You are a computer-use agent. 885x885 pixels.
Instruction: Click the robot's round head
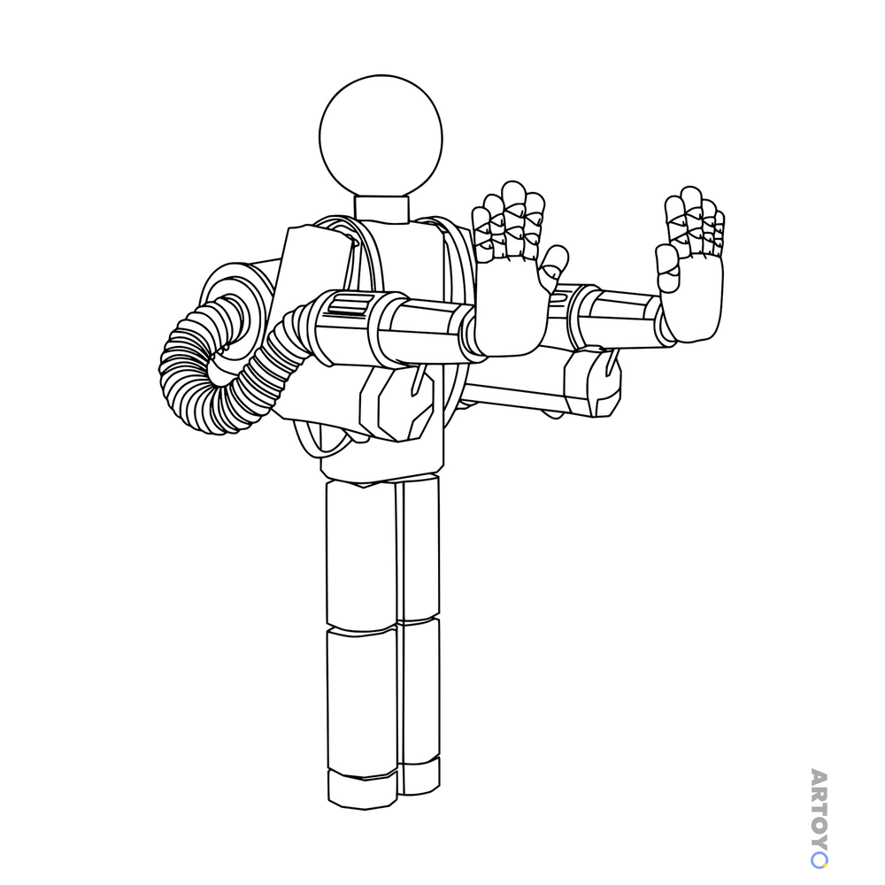click(x=381, y=137)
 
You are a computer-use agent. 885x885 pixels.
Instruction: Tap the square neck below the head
click(x=381, y=210)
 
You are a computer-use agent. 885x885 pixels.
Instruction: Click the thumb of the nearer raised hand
click(x=553, y=268)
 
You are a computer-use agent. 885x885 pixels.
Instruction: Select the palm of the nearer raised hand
click(x=510, y=308)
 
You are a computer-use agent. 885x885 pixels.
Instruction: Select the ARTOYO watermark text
click(x=819, y=818)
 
